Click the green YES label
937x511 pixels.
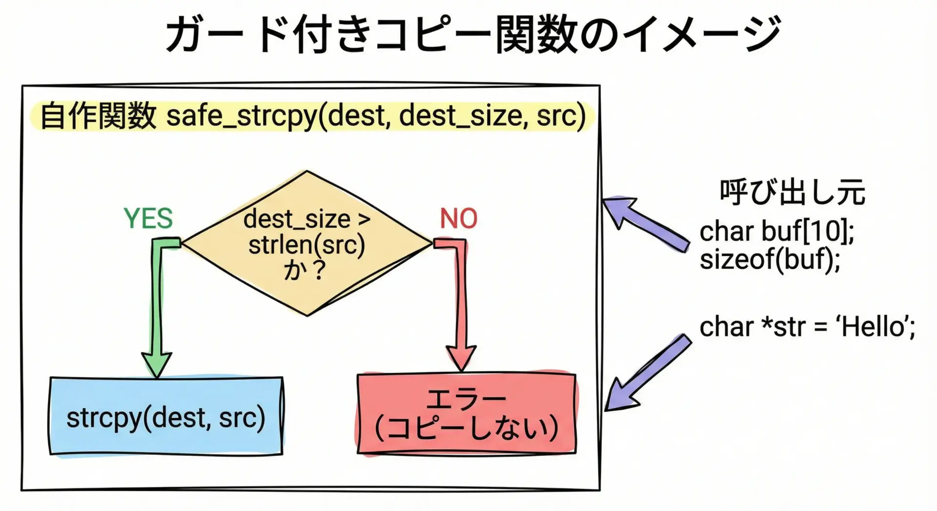tap(148, 218)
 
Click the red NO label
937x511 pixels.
tap(458, 218)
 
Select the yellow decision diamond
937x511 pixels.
tap(306, 243)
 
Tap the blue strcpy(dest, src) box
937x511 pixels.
tap(166, 416)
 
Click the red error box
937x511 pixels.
tap(467, 414)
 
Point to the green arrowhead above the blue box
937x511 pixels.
tap(157, 364)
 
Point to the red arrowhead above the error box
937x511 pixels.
tap(461, 359)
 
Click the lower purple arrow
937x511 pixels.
tap(648, 373)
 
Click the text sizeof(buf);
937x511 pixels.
tap(770, 259)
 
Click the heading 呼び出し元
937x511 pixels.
tap(793, 192)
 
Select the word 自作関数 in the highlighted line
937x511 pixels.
tap(98, 116)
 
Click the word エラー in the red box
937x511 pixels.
tap(467, 399)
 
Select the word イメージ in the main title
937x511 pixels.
tap(702, 34)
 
